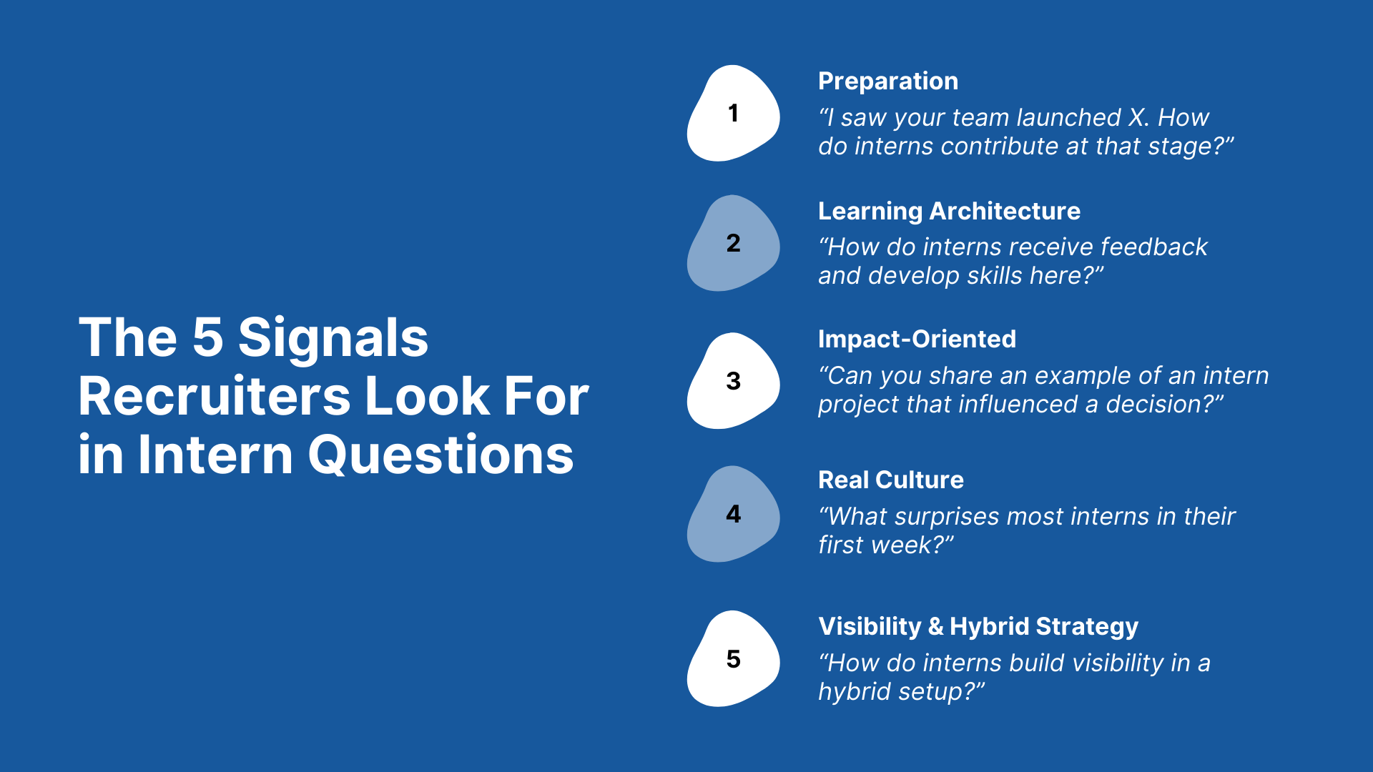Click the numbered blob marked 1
tap(733, 113)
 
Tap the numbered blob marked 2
tap(733, 243)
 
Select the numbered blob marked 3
tap(733, 381)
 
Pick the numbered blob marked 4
tap(733, 514)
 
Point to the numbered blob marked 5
tap(733, 658)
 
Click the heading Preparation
tap(888, 82)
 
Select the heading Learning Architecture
tap(949, 212)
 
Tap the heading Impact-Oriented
tap(917, 339)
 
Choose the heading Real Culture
tap(891, 480)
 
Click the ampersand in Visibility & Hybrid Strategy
tap(936, 627)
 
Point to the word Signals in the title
tap(333, 338)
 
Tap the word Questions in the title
tap(441, 455)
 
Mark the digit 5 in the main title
tap(208, 338)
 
